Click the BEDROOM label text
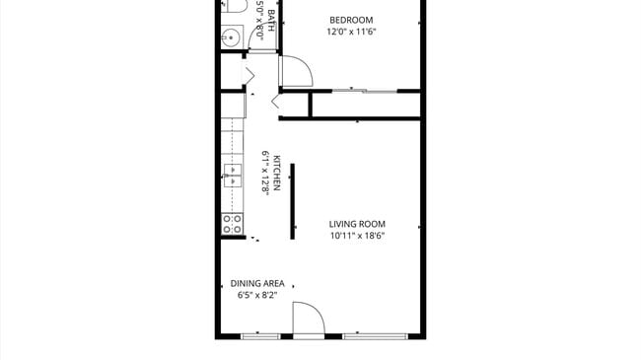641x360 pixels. point(351,20)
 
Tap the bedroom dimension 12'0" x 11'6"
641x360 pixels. point(351,32)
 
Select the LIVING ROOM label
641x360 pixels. point(357,224)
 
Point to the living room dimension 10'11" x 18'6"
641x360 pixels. point(357,236)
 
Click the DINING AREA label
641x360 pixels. point(258,283)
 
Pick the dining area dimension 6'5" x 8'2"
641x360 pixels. point(258,295)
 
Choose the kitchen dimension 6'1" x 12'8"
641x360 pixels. point(265,174)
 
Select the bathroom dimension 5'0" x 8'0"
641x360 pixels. point(259,18)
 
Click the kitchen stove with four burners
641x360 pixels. point(232,223)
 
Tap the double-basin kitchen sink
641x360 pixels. point(232,177)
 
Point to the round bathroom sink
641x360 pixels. point(230,38)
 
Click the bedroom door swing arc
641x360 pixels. point(296,72)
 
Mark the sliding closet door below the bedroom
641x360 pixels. point(365,92)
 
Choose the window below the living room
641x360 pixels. point(375,336)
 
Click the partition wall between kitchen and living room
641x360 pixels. point(291,201)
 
